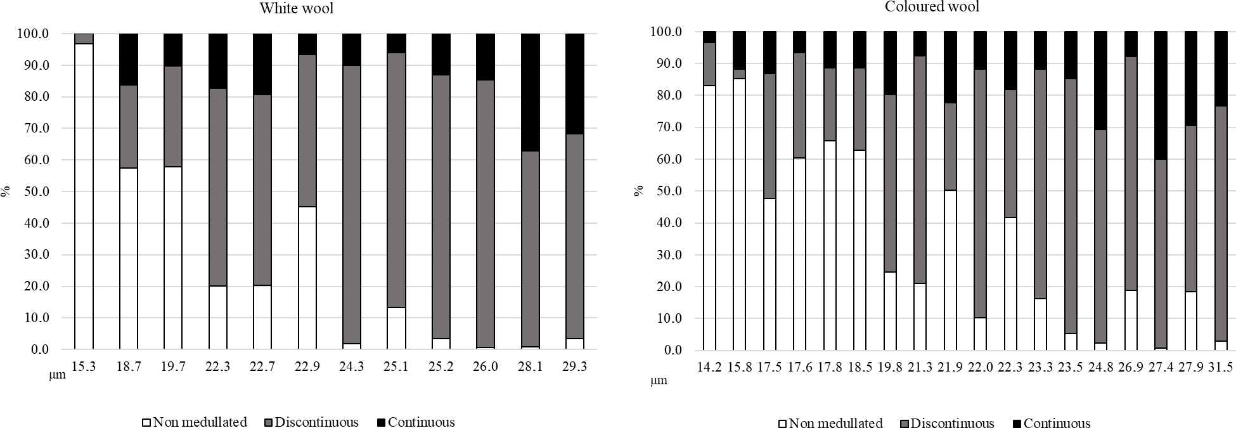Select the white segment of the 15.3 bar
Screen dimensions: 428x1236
point(84,197)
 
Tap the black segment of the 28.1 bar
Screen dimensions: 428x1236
point(530,92)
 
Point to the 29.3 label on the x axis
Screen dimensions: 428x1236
point(574,366)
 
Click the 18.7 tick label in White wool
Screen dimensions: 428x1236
point(129,366)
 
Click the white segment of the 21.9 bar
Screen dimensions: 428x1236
point(950,269)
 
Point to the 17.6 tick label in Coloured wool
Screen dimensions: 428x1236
point(799,367)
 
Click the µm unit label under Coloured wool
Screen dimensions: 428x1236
point(659,381)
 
